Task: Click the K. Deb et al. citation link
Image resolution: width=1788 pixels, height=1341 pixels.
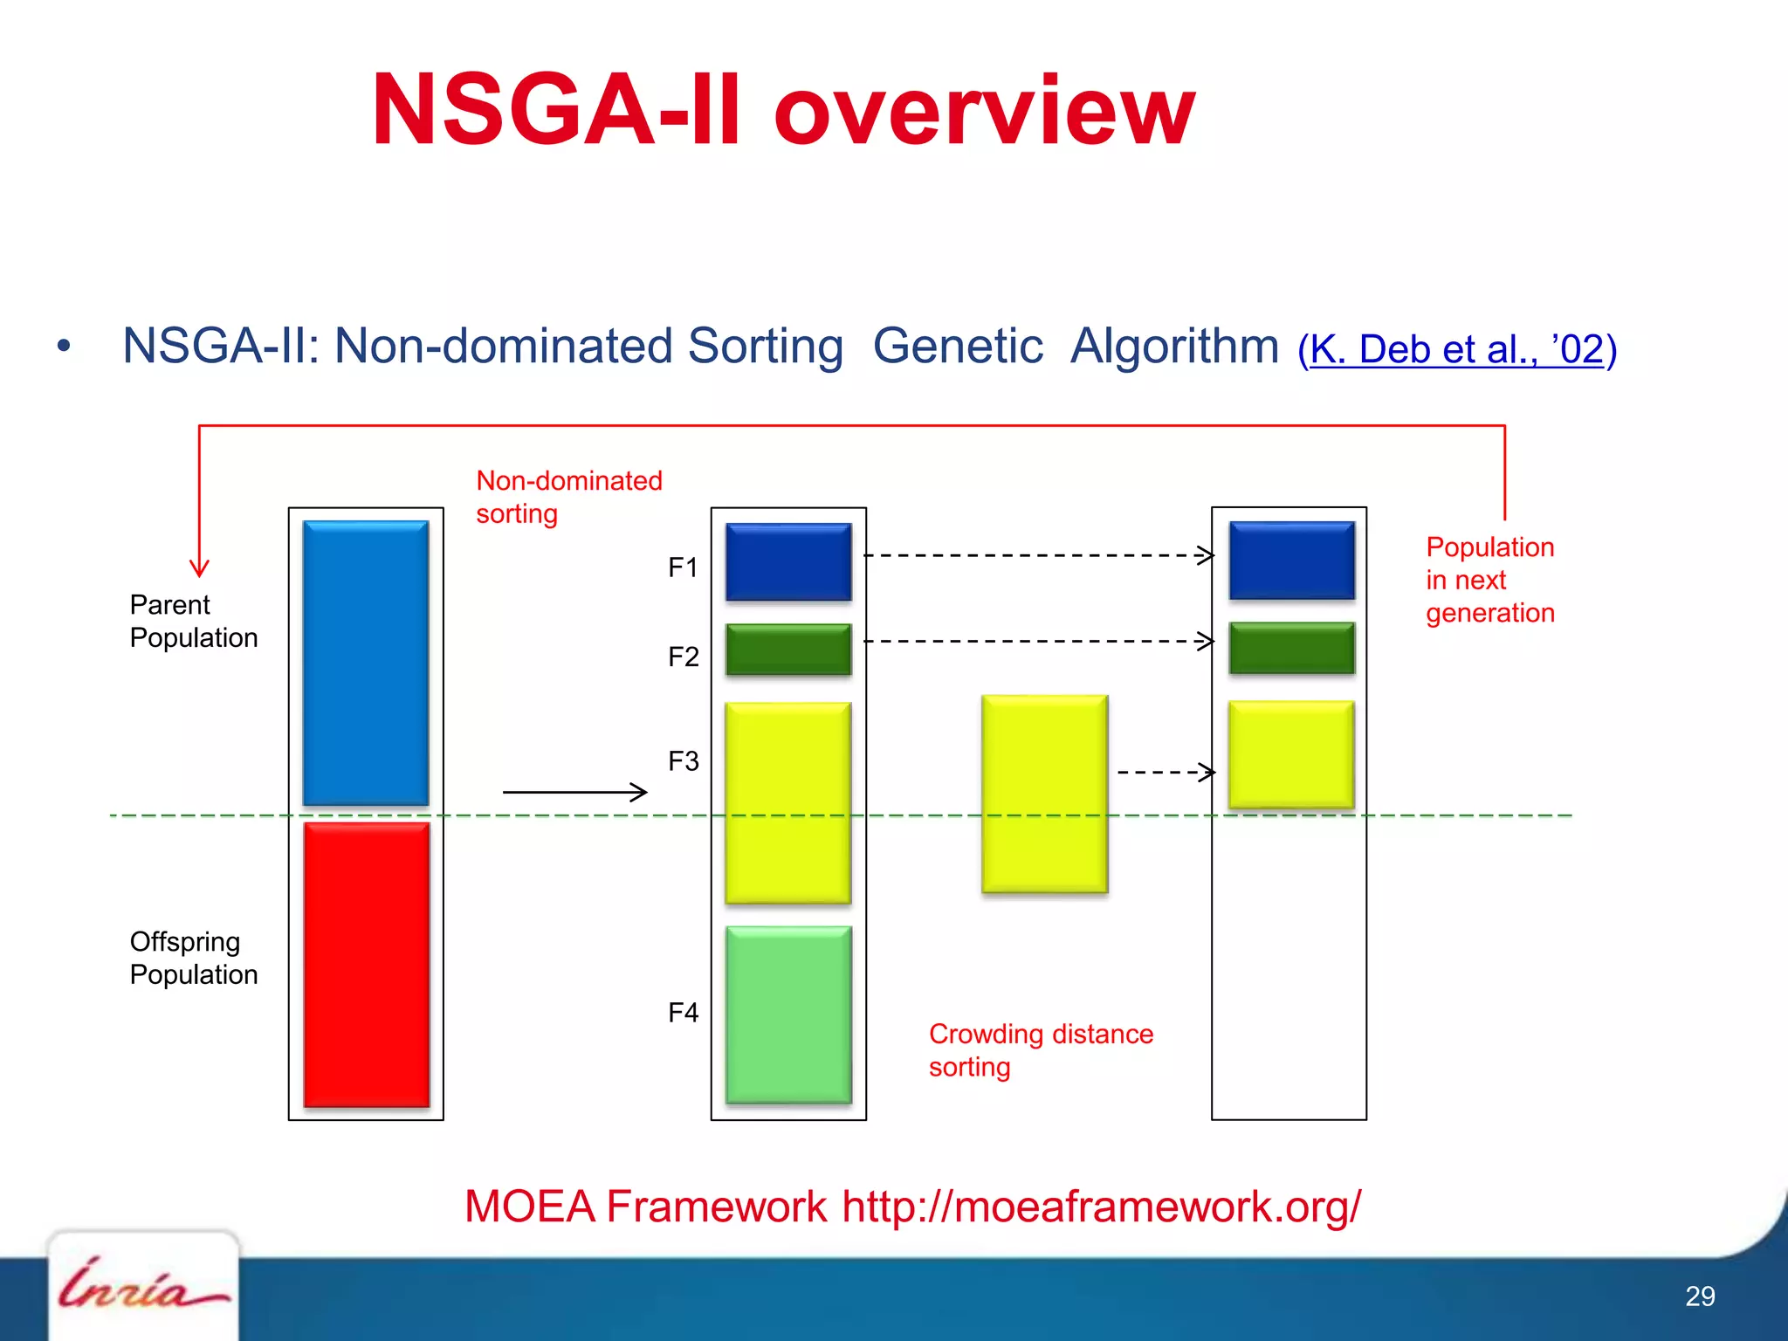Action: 1456,350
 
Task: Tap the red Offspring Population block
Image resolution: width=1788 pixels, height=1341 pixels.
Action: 366,964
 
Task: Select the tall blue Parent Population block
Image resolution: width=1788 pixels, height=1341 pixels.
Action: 365,663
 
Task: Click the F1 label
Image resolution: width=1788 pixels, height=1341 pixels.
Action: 683,567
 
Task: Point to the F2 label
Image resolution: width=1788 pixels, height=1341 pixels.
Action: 683,657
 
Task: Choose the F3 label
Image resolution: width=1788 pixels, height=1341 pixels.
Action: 683,761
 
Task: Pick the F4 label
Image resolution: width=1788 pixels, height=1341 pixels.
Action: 683,1013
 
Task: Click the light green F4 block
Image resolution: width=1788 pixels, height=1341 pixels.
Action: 788,1014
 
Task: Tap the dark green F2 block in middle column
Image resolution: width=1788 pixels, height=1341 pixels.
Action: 788,650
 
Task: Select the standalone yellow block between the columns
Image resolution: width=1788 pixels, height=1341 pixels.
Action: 1044,794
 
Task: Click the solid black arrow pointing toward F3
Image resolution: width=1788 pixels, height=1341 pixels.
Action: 574,792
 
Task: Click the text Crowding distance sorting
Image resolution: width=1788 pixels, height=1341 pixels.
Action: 1040,1049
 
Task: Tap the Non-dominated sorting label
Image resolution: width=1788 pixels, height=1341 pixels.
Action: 568,497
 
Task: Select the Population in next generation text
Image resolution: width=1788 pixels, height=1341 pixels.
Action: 1489,580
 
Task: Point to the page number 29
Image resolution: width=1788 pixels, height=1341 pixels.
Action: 1699,1296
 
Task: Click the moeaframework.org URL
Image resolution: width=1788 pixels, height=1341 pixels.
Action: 1101,1207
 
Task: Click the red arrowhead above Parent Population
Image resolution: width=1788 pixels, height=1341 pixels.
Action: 199,568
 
